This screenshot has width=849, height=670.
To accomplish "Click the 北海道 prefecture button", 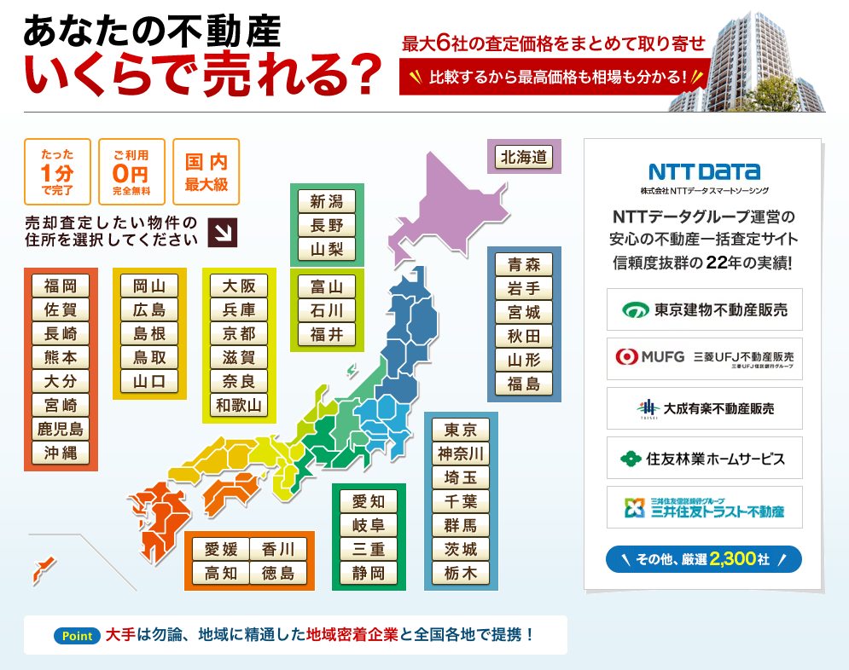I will coord(524,157).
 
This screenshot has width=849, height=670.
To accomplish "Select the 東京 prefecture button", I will coord(461,430).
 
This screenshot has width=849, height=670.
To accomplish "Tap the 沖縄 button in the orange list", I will coord(61,453).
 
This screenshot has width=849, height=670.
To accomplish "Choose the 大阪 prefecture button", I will coord(239,286).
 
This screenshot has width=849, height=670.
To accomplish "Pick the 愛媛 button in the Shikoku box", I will coord(220,549).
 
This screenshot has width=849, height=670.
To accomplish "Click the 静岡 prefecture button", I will coord(369,573).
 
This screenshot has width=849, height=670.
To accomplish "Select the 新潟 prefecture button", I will coord(327,202).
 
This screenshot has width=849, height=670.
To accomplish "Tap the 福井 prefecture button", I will coord(327,334).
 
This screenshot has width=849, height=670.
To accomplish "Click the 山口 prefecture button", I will coord(149,381).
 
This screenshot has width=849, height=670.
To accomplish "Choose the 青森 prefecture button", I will coord(524,264).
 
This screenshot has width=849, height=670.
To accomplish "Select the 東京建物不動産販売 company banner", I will coord(704,310).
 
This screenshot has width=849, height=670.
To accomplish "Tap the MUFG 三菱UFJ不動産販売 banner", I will coord(704,359).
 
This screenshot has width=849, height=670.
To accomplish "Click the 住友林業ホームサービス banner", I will coord(704,459).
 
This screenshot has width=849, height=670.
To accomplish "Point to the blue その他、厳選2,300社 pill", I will coord(704,559).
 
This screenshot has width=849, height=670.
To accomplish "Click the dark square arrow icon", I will coord(223,232).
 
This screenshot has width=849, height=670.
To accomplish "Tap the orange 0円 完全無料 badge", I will coord(131,171).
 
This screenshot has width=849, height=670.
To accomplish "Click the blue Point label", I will coord(78,636).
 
